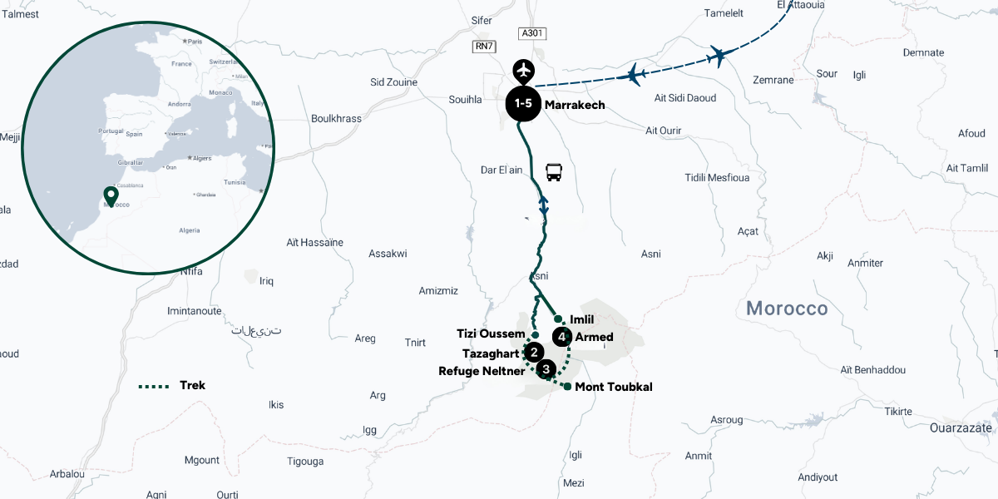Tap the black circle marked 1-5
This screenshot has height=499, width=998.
523,104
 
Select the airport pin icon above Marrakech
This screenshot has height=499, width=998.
523,69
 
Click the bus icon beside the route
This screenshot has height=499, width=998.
554,172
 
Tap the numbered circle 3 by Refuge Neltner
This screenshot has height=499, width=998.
546,369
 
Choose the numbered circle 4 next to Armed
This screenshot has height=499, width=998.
563,337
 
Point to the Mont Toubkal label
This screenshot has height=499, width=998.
614,387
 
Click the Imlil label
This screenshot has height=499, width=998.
582,319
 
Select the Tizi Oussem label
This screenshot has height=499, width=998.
491,333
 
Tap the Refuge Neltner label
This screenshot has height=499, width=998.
482,371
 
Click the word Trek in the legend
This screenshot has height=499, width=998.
192,386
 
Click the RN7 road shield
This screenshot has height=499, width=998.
483,47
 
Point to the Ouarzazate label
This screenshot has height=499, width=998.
961,428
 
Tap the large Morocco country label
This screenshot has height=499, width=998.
787,309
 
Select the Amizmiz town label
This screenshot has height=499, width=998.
438,290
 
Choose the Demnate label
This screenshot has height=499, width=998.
923,53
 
